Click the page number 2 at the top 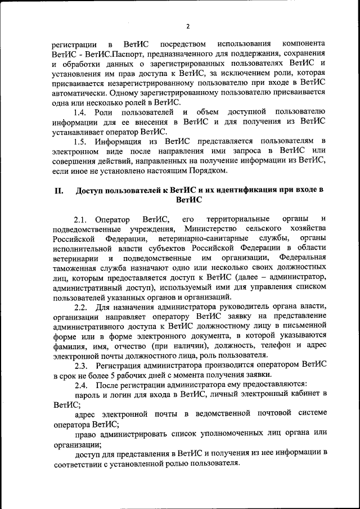[x=188, y=25]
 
